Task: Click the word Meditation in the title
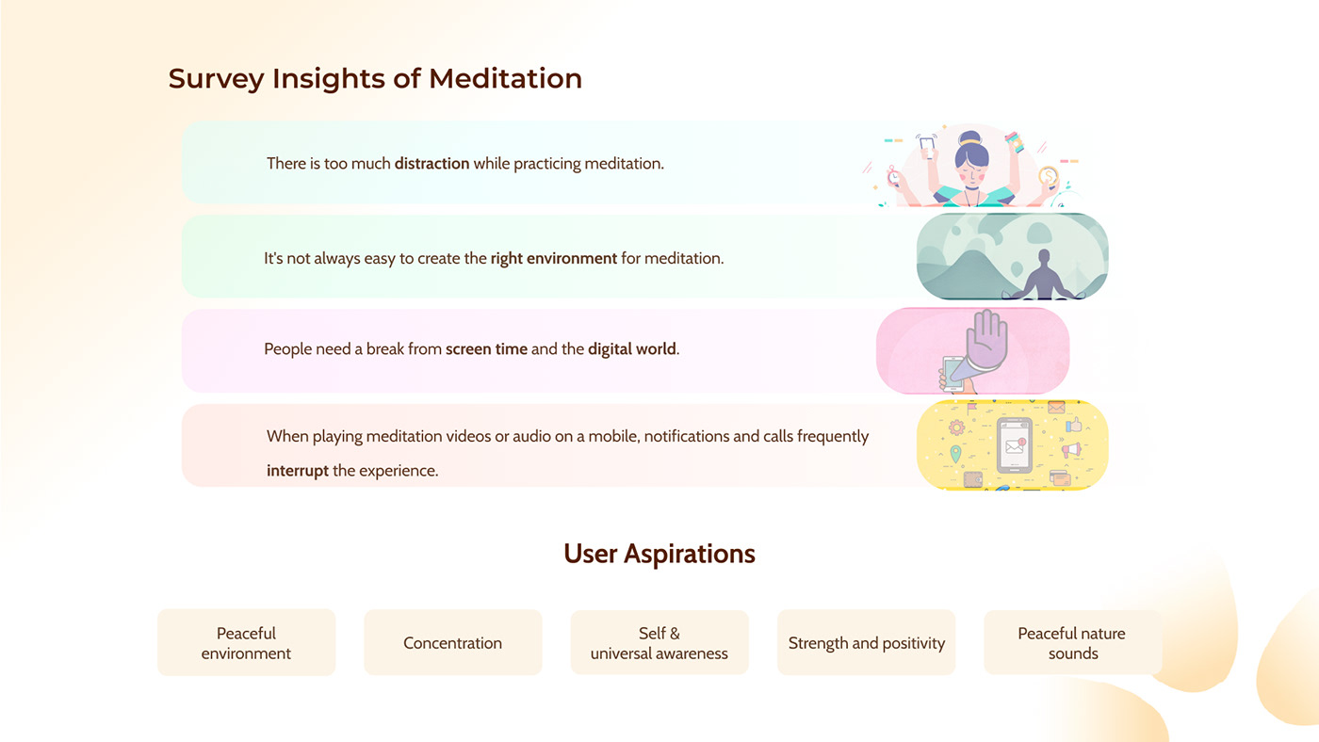[505, 78]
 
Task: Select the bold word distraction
[432, 163]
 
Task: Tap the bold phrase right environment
[554, 258]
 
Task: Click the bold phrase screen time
[486, 349]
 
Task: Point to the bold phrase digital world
[631, 349]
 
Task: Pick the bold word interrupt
[298, 471]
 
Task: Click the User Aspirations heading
[659, 554]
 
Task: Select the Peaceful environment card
[246, 642]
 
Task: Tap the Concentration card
[453, 642]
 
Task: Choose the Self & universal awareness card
[659, 642]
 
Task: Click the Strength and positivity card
[866, 642]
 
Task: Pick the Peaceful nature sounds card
[1073, 642]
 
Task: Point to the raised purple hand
[986, 340]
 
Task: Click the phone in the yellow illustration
[1014, 445]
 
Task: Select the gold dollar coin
[1048, 176]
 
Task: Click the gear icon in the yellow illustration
[956, 427]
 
